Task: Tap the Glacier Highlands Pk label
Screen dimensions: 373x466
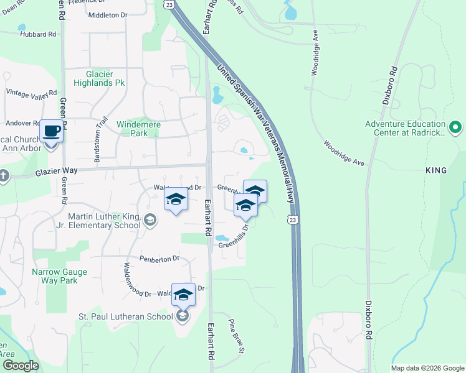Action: click(x=99, y=78)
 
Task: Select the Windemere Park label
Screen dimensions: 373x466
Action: click(x=139, y=129)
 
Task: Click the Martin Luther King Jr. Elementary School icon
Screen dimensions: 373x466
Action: click(x=150, y=219)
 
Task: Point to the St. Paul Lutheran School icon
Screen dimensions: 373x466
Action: click(x=182, y=316)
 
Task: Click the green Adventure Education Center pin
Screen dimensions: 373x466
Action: click(x=455, y=128)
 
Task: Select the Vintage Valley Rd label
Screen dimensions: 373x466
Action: click(x=27, y=94)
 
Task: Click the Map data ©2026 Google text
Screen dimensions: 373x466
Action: click(x=427, y=368)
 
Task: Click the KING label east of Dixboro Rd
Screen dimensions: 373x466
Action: click(x=436, y=170)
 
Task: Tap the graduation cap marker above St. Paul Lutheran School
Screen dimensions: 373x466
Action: click(x=183, y=295)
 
